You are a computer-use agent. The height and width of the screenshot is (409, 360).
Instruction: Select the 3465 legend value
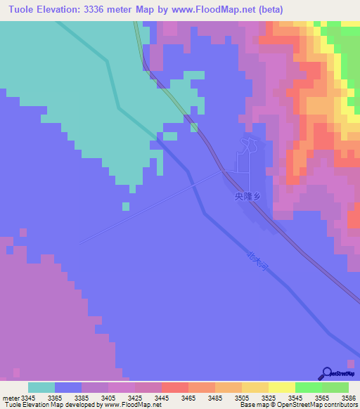pyautogui.click(x=188, y=398)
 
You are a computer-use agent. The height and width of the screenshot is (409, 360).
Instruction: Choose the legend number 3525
pyautogui.click(x=269, y=398)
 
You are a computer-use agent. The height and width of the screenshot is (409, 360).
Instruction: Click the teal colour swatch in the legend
pyautogui.click(x=41, y=387)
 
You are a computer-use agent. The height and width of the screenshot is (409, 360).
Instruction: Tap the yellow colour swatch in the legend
pyautogui.click(x=281, y=387)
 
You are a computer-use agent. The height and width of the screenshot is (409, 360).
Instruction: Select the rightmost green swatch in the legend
pyautogui.click(x=335, y=387)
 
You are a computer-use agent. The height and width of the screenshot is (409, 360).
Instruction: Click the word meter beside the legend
pyautogui.click(x=11, y=398)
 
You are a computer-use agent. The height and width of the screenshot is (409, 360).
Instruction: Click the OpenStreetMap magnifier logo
pyautogui.click(x=327, y=372)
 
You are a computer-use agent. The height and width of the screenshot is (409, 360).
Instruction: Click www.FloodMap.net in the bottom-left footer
pyautogui.click(x=134, y=405)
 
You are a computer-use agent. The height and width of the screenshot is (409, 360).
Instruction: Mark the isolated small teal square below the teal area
pyautogui.click(x=126, y=206)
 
